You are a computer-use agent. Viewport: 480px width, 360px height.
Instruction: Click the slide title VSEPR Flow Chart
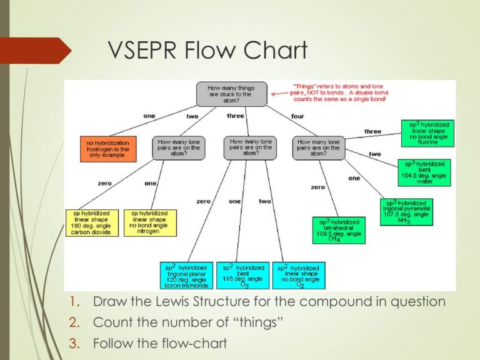click(208, 50)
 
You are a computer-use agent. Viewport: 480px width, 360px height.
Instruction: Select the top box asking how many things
click(231, 94)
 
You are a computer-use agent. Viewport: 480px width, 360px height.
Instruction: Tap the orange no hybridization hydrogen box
click(107, 148)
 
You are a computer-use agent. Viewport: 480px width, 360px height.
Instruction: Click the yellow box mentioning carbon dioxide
click(91, 222)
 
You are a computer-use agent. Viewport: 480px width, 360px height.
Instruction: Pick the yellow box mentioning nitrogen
click(150, 222)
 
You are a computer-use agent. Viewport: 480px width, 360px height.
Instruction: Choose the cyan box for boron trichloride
click(186, 276)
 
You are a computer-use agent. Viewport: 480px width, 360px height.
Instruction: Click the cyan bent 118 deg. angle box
click(242, 276)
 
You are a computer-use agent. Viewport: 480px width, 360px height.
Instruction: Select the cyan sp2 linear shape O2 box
click(298, 276)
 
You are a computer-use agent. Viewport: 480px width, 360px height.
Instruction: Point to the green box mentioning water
click(424, 172)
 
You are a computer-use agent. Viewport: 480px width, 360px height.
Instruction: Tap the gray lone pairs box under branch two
click(179, 148)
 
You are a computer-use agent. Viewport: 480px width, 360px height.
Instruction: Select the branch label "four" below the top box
click(297, 116)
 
